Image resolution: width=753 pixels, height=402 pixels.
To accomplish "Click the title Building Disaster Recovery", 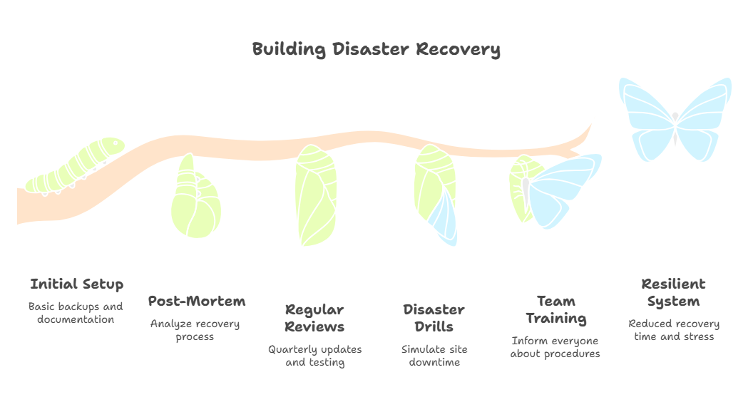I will tap(376, 50).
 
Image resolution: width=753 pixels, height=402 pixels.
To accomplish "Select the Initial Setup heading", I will tap(76, 284).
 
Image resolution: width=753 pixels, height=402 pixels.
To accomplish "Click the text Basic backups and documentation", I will tap(76, 313).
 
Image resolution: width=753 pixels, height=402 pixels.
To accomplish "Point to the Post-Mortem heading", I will tap(196, 301).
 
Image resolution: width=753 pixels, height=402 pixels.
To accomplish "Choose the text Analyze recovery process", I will tap(195, 330).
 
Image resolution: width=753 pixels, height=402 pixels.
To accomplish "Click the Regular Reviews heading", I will tap(314, 319).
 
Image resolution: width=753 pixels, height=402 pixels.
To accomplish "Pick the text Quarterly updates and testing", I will tap(314, 356).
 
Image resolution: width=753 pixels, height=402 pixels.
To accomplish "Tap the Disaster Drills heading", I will tap(434, 319).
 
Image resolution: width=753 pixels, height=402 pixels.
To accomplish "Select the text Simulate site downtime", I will tap(434, 356).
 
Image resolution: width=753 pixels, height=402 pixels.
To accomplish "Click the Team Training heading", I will tap(555, 310).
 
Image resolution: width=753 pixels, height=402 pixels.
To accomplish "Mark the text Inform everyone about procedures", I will tap(555, 347).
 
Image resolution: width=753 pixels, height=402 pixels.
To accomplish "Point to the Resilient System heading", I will tap(673, 293).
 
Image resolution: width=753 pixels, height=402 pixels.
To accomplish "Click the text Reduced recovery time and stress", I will tap(673, 330).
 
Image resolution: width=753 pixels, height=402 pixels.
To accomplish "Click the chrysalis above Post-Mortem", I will tap(195, 200).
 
